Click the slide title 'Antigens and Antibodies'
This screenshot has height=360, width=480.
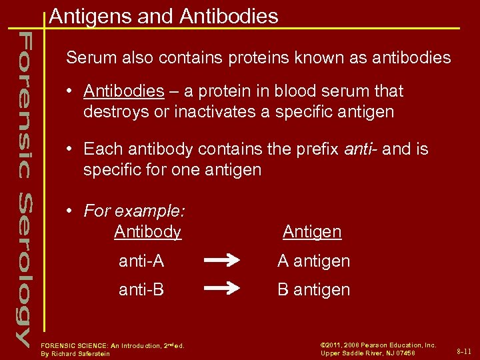click(163, 16)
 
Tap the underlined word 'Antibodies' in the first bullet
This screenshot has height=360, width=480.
click(124, 91)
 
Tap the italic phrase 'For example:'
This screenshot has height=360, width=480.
click(134, 211)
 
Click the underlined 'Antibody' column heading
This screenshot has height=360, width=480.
click(147, 232)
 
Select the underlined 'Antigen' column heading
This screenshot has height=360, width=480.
click(311, 232)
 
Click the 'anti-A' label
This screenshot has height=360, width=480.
click(141, 261)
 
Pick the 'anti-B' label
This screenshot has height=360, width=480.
click(141, 289)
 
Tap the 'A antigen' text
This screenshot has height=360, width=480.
click(313, 261)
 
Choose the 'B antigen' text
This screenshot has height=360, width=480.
click(313, 289)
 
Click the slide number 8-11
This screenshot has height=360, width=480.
click(464, 351)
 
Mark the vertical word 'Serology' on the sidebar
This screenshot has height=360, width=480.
click(23, 270)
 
